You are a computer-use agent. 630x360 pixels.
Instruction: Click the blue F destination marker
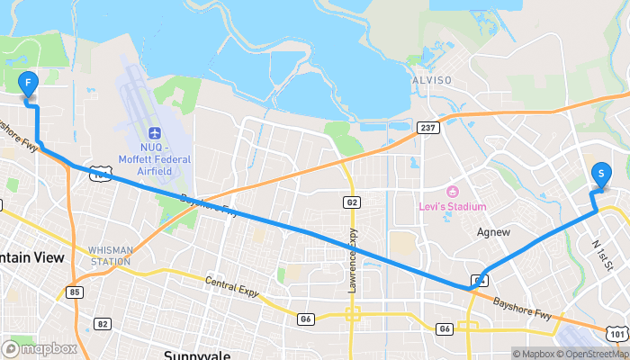28,85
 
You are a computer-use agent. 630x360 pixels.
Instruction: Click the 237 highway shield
427,128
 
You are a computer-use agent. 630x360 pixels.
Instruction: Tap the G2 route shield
353,202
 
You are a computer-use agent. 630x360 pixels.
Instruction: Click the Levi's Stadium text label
454,207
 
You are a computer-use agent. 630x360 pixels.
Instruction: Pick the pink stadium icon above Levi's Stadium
453,192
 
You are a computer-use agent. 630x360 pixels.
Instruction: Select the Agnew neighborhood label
492,231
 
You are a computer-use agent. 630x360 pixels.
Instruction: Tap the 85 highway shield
75,292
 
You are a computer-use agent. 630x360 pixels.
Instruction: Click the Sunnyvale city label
197,354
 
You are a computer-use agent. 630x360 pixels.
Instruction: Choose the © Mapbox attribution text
536,354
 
